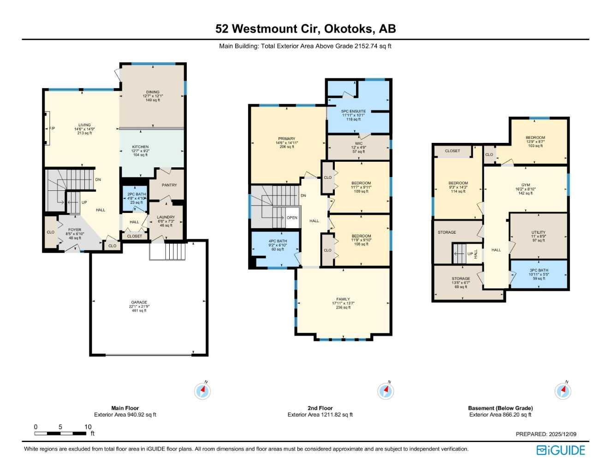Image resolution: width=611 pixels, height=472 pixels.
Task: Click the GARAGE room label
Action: [x=139, y=302]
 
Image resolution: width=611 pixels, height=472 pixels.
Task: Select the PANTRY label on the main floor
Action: [x=169, y=185]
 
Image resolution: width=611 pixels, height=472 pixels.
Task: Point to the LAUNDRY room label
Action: [x=166, y=217]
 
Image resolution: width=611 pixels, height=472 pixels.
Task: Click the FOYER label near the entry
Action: [x=75, y=230]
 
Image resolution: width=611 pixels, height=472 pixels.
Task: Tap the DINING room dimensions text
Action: [x=153, y=96]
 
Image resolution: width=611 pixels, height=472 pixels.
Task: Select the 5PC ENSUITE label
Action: [x=353, y=111]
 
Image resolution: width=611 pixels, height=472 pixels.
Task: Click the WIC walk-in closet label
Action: [x=358, y=143]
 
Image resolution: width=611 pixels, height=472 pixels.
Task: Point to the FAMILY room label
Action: [x=343, y=299]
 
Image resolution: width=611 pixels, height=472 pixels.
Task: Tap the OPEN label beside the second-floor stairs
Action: [x=292, y=218]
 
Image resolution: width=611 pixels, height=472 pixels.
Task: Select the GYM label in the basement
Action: [x=525, y=185]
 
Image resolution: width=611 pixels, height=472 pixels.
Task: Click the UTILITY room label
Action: [x=538, y=232]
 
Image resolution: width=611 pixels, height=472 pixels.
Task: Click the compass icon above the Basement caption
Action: [x=563, y=391]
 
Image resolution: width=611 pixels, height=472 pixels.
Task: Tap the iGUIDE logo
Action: [x=561, y=450]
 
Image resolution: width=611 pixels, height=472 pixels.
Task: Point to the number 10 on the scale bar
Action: [x=88, y=427]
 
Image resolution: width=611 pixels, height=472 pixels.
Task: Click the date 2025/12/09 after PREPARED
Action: [x=562, y=434]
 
